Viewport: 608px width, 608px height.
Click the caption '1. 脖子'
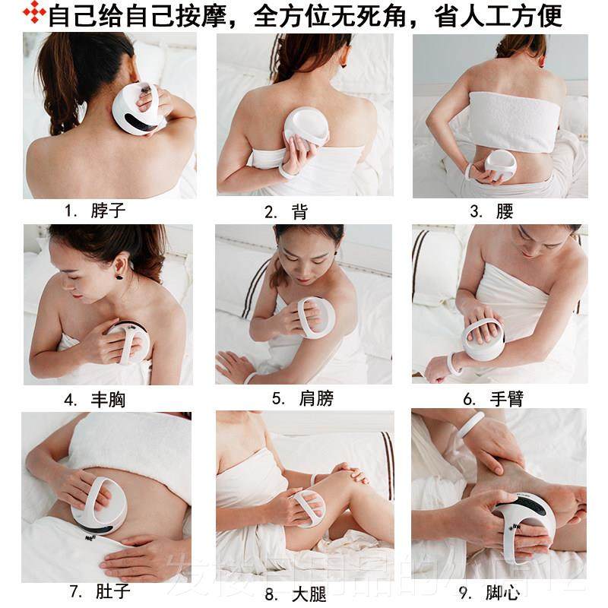tap(95, 211)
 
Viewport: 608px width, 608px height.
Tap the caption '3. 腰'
tap(492, 211)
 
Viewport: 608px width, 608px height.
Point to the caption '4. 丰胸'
tap(95, 399)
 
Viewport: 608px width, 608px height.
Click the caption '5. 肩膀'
tap(302, 399)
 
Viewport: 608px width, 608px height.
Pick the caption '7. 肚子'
tap(97, 591)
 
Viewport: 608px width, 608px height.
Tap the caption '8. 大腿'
tap(299, 592)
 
